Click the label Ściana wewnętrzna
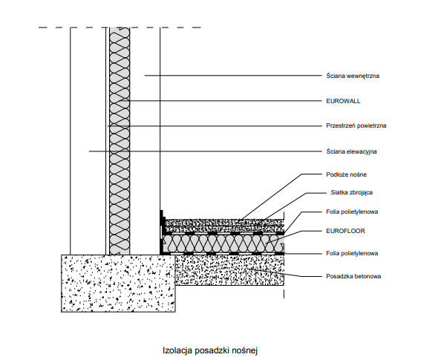pos(353,76)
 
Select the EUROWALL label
pos(343,101)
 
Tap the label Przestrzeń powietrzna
pos(356,125)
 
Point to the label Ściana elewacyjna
pos(351,151)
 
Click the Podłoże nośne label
pos(346,174)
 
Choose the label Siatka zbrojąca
pos(352,192)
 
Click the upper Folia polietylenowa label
pos(352,212)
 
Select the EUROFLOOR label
pos(345,231)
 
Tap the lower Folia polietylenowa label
pos(352,253)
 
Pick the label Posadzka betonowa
pos(353,276)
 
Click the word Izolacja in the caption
pos(177,350)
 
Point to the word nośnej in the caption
pos(245,350)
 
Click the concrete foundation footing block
pos(118,284)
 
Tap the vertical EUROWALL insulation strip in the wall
pos(120,141)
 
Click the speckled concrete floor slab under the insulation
pos(229,270)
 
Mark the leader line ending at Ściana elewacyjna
pos(206,151)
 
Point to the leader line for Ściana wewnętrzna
pos(233,76)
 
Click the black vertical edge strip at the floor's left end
pos(162,232)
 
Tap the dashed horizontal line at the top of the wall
pos(120,27)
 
